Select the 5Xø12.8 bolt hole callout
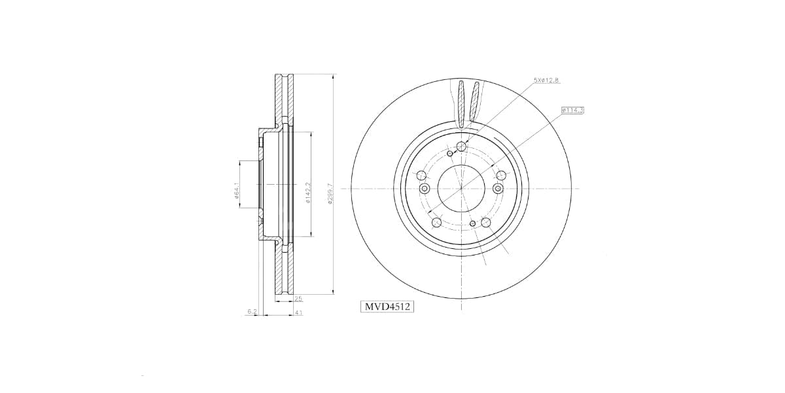tap(546, 80)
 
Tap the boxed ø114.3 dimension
tap(572, 110)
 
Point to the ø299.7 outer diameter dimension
tap(332, 194)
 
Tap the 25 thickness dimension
tap(298, 298)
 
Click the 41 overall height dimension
tap(298, 313)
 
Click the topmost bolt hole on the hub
tap(461, 146)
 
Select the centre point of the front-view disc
tap(461, 188)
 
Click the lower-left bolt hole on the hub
tap(436, 223)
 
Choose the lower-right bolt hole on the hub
tap(486, 223)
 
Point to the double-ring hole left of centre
tap(424, 189)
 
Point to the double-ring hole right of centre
tap(498, 189)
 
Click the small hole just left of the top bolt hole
tap(450, 153)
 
